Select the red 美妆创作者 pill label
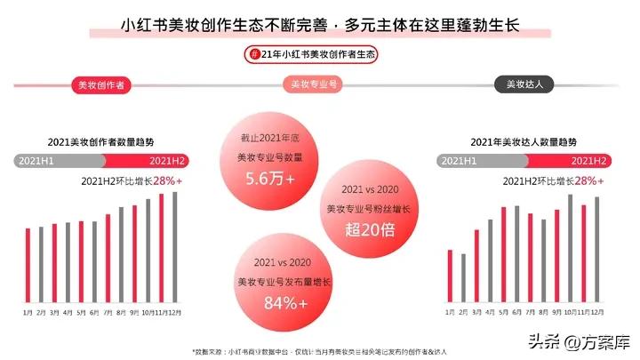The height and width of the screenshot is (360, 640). pos(100,85)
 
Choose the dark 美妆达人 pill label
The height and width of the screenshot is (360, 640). pos(530,85)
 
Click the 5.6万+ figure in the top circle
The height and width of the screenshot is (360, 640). pos(270,178)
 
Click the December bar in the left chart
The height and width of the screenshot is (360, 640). pos(175,248)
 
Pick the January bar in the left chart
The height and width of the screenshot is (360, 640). pos(28,266)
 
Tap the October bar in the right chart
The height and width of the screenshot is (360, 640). pos(570,249)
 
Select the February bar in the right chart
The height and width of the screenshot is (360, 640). pos(463,278)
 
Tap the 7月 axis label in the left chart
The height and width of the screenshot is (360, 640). pos(108,313)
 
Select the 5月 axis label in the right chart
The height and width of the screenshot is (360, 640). pos(503,313)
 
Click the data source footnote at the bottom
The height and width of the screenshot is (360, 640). pos(320,350)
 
